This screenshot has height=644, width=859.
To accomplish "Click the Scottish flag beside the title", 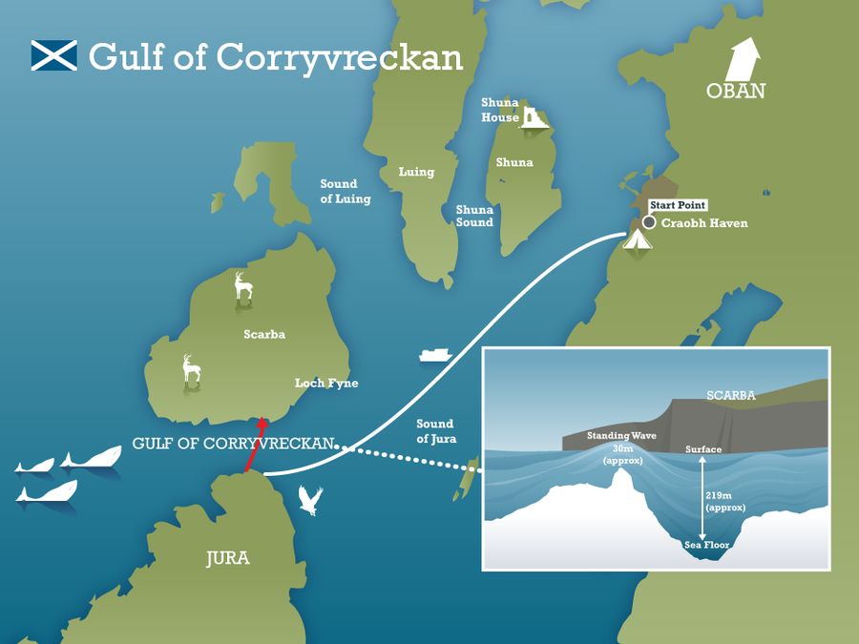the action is tap(53, 55).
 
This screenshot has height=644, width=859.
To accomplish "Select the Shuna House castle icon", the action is tap(533, 117).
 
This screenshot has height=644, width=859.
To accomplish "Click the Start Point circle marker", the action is tap(649, 222).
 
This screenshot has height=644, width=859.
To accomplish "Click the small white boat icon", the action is tap(434, 354).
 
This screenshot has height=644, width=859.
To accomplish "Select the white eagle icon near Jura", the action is tap(310, 500).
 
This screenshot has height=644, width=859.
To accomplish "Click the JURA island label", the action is tap(227, 558).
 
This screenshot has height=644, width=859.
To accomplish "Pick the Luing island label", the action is tap(416, 173).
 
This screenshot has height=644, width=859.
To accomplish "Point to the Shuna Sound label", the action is tap(474, 216).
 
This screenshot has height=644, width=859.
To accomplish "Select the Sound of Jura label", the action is tap(436, 431).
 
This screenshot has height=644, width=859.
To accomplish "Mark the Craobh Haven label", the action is tap(704, 223).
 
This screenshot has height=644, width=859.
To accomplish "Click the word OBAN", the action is tap(736, 92).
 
